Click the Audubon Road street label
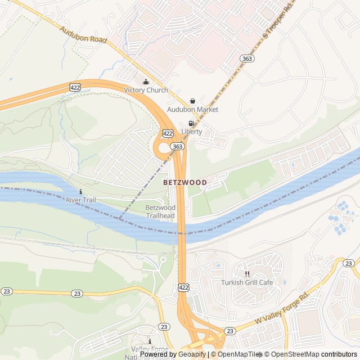(x=82, y=36)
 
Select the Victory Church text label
(x=146, y=90)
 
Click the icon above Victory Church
(x=146, y=81)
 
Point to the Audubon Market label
(x=192, y=109)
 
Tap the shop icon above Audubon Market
(x=192, y=101)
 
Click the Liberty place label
(x=191, y=132)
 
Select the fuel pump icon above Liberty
(x=191, y=123)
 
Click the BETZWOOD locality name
(x=184, y=182)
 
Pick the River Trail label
(x=81, y=200)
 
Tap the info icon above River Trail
(x=81, y=191)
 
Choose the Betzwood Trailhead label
(x=160, y=211)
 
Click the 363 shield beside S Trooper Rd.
(x=246, y=58)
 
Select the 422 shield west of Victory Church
(x=75, y=87)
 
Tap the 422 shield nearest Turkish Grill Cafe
(x=184, y=287)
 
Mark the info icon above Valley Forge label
(x=150, y=341)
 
